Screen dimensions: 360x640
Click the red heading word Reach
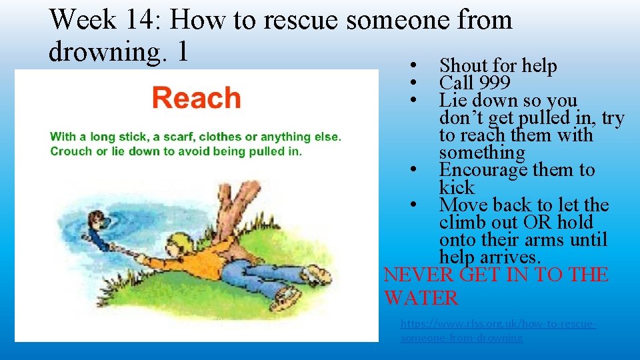pyautogui.click(x=196, y=98)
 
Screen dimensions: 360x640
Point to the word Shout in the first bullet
pyautogui.click(x=464, y=66)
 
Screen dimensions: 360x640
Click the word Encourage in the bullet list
pyautogui.click(x=483, y=170)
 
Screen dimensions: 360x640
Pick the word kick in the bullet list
pyautogui.click(x=457, y=187)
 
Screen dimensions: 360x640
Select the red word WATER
pyautogui.click(x=421, y=298)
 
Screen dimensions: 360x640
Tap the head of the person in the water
pyautogui.click(x=97, y=219)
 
